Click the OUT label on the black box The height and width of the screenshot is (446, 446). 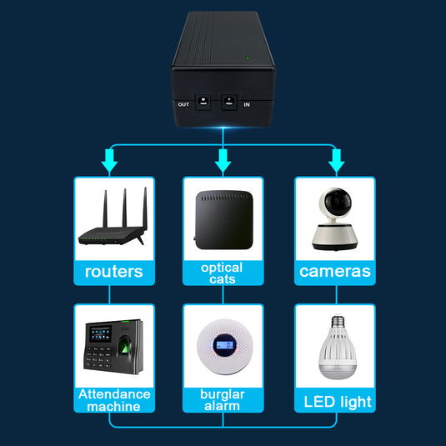(x=184, y=104)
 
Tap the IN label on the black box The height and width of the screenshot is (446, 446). (x=246, y=104)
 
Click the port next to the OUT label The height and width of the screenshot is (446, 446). (x=203, y=103)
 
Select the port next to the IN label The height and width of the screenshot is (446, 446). (x=228, y=103)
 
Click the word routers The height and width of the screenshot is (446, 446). (x=113, y=271)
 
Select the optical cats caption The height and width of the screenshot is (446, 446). (x=223, y=273)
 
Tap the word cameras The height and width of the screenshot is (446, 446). (x=335, y=271)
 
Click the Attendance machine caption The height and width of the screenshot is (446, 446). (x=114, y=399)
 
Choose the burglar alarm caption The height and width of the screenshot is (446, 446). (x=223, y=399)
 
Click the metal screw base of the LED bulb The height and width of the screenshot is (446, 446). (x=338, y=322)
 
